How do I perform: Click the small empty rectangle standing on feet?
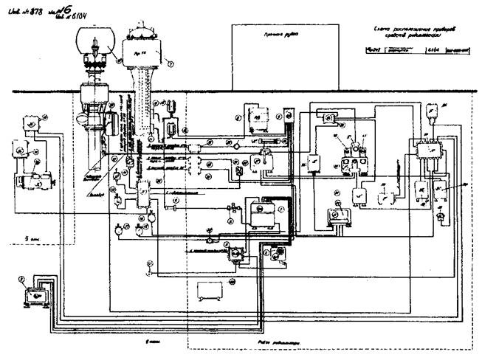(x=209, y=291)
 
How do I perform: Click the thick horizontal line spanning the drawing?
(x=244, y=91)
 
